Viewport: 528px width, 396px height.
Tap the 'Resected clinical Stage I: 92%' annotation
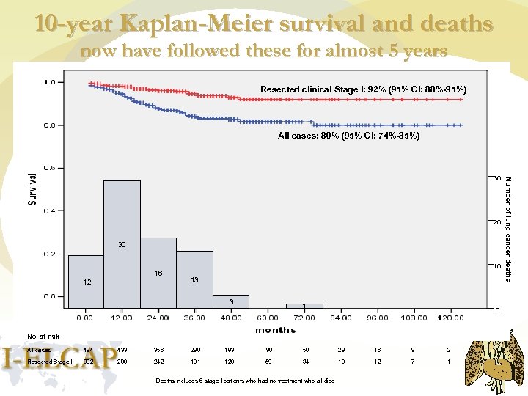click(x=363, y=89)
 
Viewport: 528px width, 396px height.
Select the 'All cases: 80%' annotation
click(x=348, y=136)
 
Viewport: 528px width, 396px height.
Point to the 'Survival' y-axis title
click(x=33, y=188)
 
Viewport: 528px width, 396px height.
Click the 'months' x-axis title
click(x=275, y=330)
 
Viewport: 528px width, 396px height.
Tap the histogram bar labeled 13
click(x=194, y=279)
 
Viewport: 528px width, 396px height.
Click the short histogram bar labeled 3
click(x=231, y=301)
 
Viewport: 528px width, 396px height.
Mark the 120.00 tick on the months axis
click(x=450, y=318)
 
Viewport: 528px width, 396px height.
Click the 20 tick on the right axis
click(x=496, y=222)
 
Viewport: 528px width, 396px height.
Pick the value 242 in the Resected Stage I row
click(x=158, y=362)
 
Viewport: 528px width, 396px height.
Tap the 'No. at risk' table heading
click(x=43, y=337)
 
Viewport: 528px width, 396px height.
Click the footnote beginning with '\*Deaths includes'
click(x=244, y=381)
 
